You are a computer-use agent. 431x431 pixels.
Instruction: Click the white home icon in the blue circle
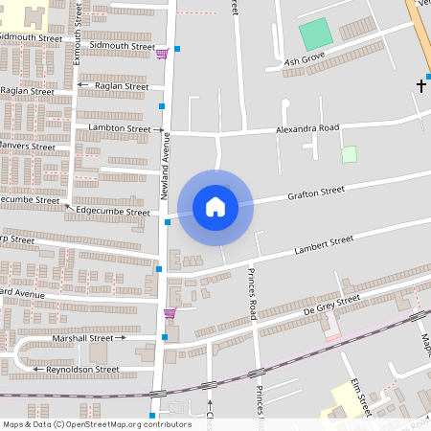click(215, 205)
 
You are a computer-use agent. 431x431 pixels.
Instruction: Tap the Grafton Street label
click(316, 192)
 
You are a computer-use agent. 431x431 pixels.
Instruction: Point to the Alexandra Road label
click(307, 127)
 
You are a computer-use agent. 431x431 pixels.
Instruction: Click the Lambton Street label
click(120, 128)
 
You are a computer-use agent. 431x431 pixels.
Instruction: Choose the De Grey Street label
click(330, 304)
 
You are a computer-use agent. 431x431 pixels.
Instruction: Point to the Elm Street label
click(360, 396)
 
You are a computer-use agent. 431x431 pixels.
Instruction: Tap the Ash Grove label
click(306, 58)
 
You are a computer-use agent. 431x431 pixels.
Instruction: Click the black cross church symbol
click(420, 86)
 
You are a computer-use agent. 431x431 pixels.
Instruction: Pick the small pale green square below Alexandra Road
click(349, 153)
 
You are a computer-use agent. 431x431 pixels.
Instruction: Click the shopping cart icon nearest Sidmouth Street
click(162, 54)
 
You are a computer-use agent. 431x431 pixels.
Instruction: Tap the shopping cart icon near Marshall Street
click(170, 313)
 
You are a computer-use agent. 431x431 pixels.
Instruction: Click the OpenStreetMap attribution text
click(96, 424)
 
